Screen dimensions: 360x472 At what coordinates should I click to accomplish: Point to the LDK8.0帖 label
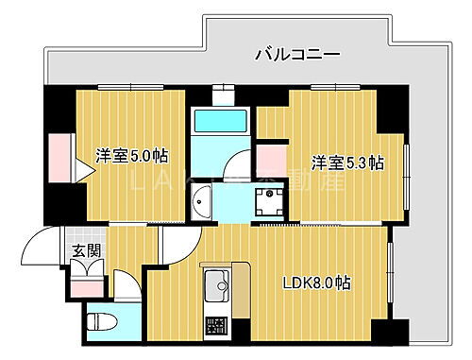317,283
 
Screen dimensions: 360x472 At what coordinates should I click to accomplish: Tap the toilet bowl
100,321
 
